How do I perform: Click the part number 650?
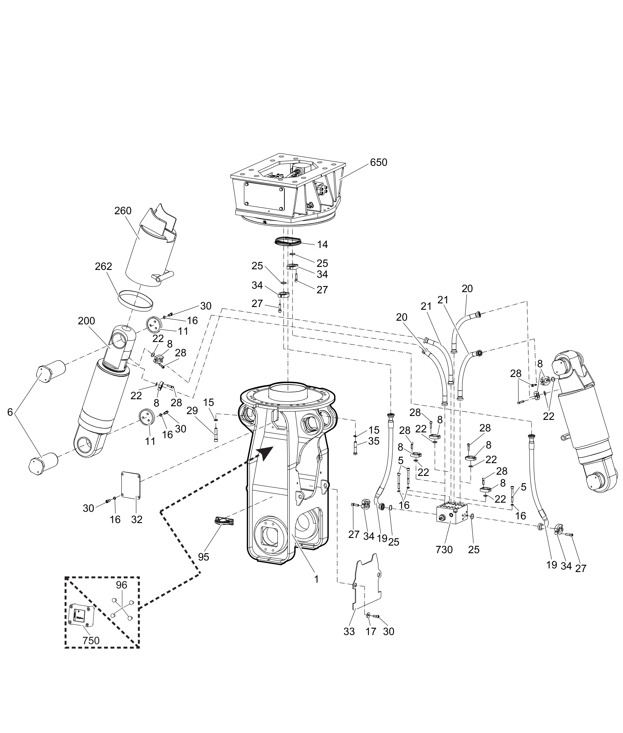(379, 162)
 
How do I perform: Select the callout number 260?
(123, 211)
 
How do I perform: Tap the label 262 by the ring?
(103, 266)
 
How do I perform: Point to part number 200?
(86, 321)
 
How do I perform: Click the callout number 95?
(204, 557)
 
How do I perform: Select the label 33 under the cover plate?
(349, 631)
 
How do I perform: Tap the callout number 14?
(322, 244)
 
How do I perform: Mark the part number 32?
(137, 519)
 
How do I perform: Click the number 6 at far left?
(10, 412)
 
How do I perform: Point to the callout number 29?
(193, 410)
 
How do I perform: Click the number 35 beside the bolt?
(374, 441)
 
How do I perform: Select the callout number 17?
(371, 631)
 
